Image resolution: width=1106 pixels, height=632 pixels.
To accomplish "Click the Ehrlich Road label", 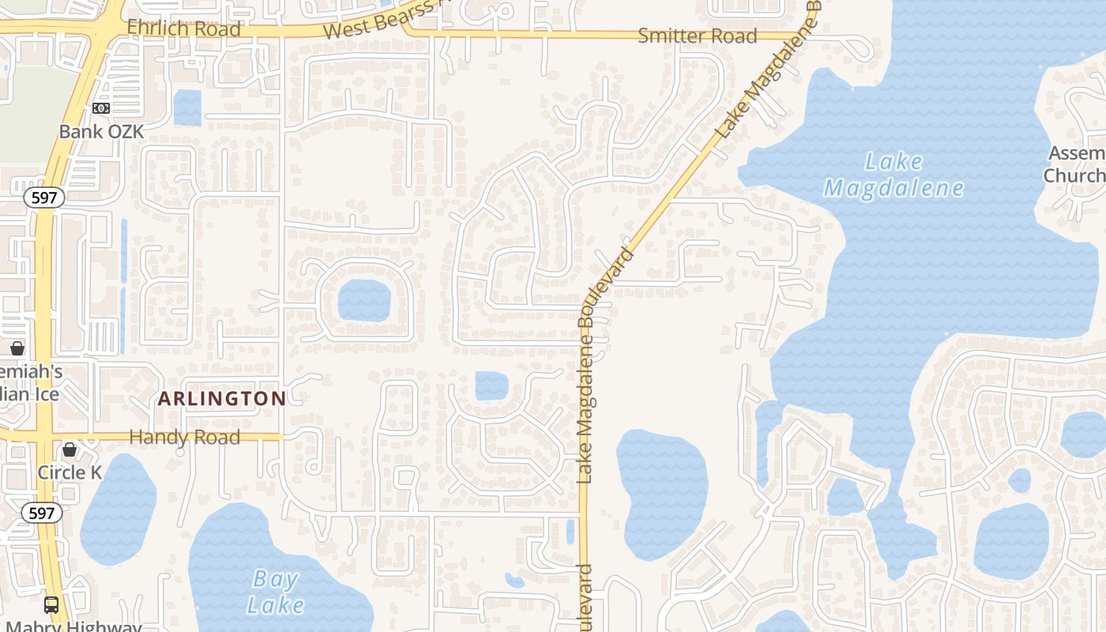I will (184, 29).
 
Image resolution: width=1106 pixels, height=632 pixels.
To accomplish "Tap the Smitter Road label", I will (698, 36).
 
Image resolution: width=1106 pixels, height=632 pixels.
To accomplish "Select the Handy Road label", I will (184, 437).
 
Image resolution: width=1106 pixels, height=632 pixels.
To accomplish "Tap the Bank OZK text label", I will (102, 131).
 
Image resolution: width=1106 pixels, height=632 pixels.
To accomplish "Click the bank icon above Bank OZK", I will (101, 108).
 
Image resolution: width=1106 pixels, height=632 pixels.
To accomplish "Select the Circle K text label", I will (70, 472).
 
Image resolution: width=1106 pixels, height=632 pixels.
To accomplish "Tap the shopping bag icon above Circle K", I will (70, 450).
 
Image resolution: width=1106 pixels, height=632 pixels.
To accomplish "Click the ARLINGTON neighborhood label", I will (222, 398).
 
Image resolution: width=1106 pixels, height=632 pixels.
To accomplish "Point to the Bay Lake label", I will (275, 592).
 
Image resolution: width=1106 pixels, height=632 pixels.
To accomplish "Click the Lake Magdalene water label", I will (894, 175).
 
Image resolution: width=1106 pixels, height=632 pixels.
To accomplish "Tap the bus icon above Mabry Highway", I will (51, 605).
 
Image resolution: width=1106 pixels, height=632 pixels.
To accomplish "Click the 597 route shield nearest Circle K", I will (41, 513).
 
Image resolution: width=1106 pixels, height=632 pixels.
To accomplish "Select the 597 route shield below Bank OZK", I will (44, 197).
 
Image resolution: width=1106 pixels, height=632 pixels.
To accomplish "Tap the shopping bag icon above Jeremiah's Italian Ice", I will (17, 348).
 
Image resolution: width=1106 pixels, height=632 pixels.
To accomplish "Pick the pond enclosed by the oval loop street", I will (364, 300).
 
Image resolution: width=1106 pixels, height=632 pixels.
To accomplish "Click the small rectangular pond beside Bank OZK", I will (187, 107).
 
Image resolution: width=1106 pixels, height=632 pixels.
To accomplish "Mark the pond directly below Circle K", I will (118, 510).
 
